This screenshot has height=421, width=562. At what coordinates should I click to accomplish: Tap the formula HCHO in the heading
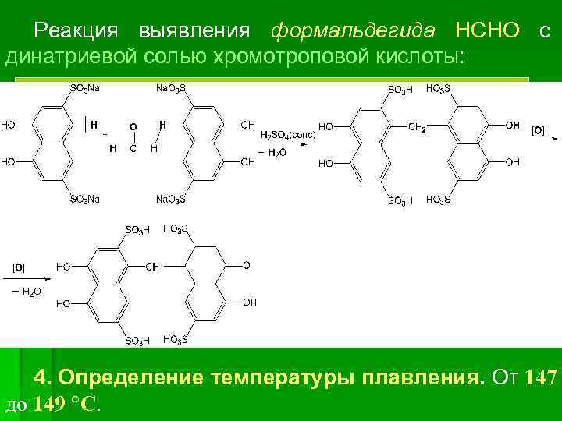[x=487, y=31]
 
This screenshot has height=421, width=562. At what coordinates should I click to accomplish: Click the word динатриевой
[x=64, y=56]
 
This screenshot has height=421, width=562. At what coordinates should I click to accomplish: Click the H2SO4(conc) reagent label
[x=288, y=134]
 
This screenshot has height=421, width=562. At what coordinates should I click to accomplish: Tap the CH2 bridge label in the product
[x=418, y=126]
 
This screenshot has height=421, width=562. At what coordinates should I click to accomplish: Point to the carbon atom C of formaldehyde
[x=133, y=148]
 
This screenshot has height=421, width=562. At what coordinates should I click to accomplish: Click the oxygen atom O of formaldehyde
[x=133, y=126]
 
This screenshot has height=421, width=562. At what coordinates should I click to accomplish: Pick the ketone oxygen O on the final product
[x=247, y=266]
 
